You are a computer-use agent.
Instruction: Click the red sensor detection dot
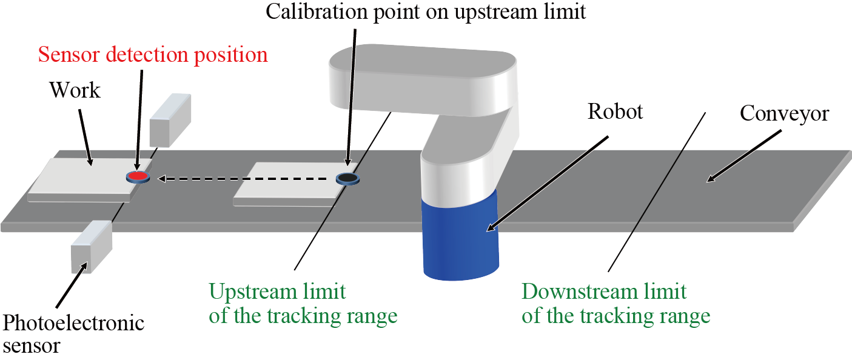point(138,176)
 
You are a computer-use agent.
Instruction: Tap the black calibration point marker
point(347,178)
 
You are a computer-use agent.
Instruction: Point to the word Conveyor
point(784,113)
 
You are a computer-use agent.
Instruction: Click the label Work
point(75,91)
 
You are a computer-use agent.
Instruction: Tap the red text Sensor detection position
point(153,55)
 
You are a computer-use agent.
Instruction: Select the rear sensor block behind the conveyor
point(170,119)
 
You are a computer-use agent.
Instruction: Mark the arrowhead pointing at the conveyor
point(711,178)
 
